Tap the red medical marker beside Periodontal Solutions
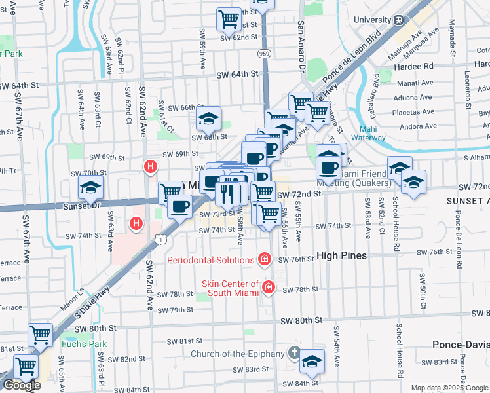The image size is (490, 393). [264, 260]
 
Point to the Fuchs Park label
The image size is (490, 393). [83, 343]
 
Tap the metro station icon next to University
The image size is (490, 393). [398, 20]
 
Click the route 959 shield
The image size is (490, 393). [263, 52]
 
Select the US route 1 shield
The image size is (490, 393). [160, 240]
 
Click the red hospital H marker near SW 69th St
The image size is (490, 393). [151, 167]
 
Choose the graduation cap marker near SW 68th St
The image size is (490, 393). [208, 119]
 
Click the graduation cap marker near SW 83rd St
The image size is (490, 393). [312, 362]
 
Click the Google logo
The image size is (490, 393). [21, 385]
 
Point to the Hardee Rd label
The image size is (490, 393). [419, 65]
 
